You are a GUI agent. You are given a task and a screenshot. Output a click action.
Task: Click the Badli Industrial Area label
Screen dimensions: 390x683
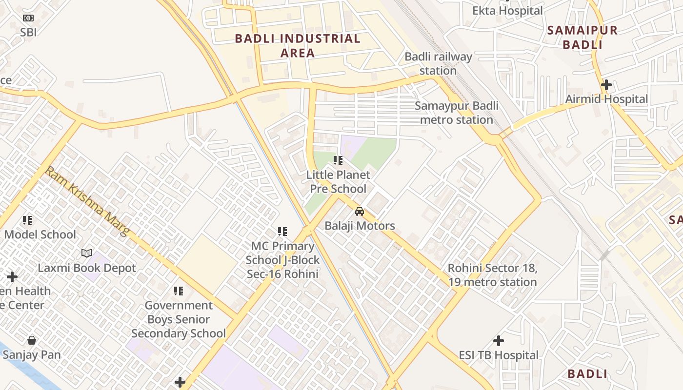click(298, 45)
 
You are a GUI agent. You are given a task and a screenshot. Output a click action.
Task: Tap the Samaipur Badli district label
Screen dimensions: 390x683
click(582, 38)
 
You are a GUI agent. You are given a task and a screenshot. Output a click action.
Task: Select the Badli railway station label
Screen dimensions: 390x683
click(438, 63)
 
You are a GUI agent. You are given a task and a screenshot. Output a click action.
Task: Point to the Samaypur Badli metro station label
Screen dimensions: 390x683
click(457, 113)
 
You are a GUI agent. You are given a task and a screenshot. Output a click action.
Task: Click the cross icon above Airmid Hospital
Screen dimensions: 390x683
click(606, 85)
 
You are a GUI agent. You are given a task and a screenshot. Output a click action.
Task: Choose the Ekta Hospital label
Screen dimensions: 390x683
click(507, 10)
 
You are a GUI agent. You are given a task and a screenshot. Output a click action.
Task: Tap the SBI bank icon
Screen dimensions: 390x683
click(28, 18)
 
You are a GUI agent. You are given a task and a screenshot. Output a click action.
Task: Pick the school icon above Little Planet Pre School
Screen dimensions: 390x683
click(338, 160)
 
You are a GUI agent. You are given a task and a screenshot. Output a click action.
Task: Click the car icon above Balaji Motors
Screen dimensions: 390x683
click(360, 212)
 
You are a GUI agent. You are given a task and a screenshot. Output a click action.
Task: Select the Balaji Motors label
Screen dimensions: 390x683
click(360, 226)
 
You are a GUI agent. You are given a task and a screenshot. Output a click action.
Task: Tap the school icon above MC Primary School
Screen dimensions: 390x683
click(282, 231)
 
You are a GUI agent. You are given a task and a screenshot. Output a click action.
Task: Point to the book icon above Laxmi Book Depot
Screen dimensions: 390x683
click(87, 253)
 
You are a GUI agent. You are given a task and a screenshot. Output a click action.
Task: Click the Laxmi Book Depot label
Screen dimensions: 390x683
click(87, 268)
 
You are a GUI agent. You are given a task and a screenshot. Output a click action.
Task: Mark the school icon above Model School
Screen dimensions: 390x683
click(27, 220)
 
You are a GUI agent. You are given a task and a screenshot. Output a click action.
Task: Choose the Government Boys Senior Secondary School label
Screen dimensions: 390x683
click(179, 319)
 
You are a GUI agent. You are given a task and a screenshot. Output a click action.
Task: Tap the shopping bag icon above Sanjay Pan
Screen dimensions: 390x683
click(32, 340)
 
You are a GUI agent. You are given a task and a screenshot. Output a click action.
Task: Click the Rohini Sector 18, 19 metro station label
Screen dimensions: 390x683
click(492, 275)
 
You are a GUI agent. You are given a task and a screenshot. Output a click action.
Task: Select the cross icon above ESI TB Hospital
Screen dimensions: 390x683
click(498, 341)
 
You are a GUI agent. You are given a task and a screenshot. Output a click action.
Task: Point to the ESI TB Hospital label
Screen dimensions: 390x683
click(499, 355)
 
